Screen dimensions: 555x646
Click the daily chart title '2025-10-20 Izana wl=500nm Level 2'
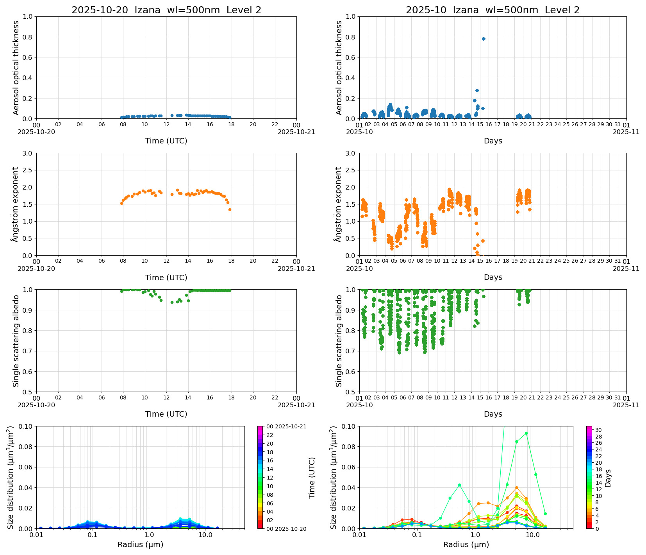coord(166,10)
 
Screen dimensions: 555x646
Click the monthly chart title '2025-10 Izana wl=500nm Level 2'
coord(493,10)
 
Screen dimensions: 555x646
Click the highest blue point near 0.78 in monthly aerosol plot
coord(484,39)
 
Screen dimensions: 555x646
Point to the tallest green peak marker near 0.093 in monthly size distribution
coord(526,433)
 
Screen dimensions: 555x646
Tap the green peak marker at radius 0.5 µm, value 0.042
coord(459,485)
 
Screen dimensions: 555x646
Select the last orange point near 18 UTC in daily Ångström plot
coord(230,209)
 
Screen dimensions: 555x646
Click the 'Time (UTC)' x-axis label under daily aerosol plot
coord(166,141)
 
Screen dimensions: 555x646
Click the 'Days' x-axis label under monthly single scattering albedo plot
coord(493,414)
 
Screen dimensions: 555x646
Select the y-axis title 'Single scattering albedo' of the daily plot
coord(16,341)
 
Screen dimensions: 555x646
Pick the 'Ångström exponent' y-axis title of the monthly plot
coord(339,204)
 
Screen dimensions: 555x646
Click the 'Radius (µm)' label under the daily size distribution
coord(140,544)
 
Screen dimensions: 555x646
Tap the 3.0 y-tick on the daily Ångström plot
coord(27,153)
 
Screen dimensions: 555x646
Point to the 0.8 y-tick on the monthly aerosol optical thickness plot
coord(350,37)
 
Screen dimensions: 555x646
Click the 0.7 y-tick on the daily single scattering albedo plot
coord(27,351)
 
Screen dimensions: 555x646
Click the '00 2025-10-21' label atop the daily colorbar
coord(286,426)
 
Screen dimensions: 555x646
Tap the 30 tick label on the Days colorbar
coord(598,430)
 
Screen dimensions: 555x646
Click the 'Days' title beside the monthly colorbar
coord(608,478)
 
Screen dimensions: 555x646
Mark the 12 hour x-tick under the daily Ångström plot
coord(166,261)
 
